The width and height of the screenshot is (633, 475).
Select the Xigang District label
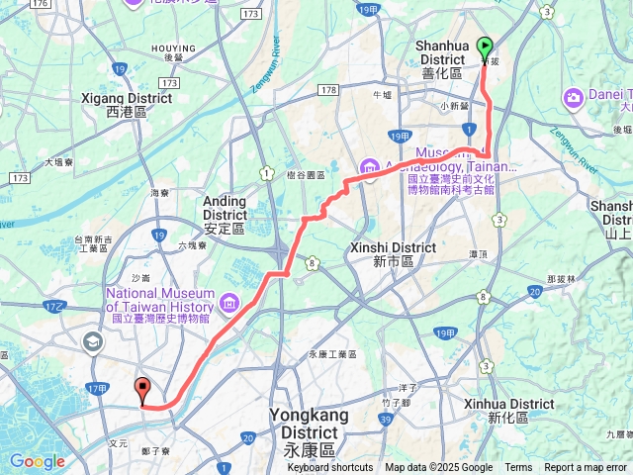click(138, 98)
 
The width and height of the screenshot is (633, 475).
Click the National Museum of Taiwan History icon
click(230, 301)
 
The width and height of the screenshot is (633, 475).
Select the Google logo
click(37, 461)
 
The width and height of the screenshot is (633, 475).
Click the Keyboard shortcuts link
click(329, 468)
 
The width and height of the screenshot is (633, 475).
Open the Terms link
click(518, 468)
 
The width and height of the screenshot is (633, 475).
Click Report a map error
click(586, 468)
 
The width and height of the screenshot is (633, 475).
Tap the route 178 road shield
click(329, 90)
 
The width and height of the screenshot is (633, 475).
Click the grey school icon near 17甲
click(93, 342)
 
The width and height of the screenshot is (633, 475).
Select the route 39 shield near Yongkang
click(383, 421)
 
